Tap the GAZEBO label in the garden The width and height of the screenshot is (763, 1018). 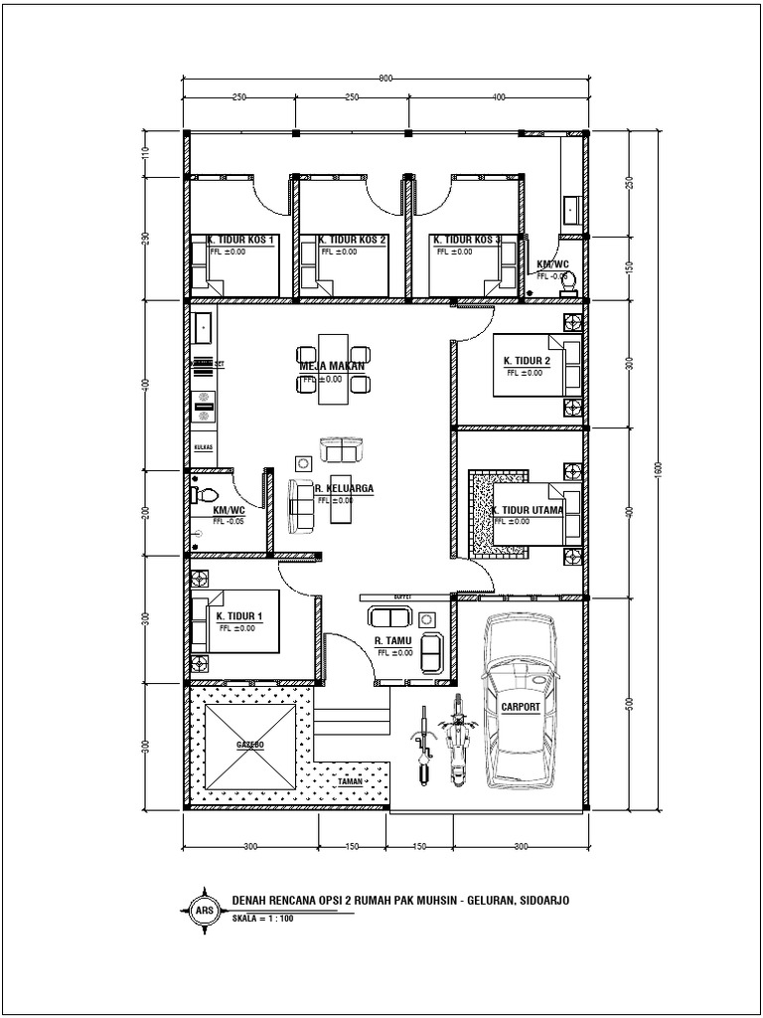click(x=250, y=745)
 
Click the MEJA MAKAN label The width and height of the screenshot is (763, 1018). click(x=333, y=366)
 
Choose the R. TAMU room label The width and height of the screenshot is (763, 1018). click(x=393, y=641)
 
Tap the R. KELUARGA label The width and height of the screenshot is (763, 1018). click(x=343, y=489)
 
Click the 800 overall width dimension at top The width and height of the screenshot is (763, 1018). click(x=384, y=78)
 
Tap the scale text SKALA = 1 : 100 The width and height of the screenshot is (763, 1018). click(x=262, y=919)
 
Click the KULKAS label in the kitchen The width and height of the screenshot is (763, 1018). click(x=204, y=447)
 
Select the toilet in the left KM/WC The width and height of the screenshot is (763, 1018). click(x=204, y=493)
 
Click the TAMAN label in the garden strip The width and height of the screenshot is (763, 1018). click(x=349, y=782)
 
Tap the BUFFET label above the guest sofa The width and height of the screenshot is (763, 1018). click(x=402, y=596)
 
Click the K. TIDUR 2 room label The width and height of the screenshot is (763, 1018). click(x=526, y=361)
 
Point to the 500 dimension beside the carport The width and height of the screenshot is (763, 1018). click(x=629, y=704)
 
